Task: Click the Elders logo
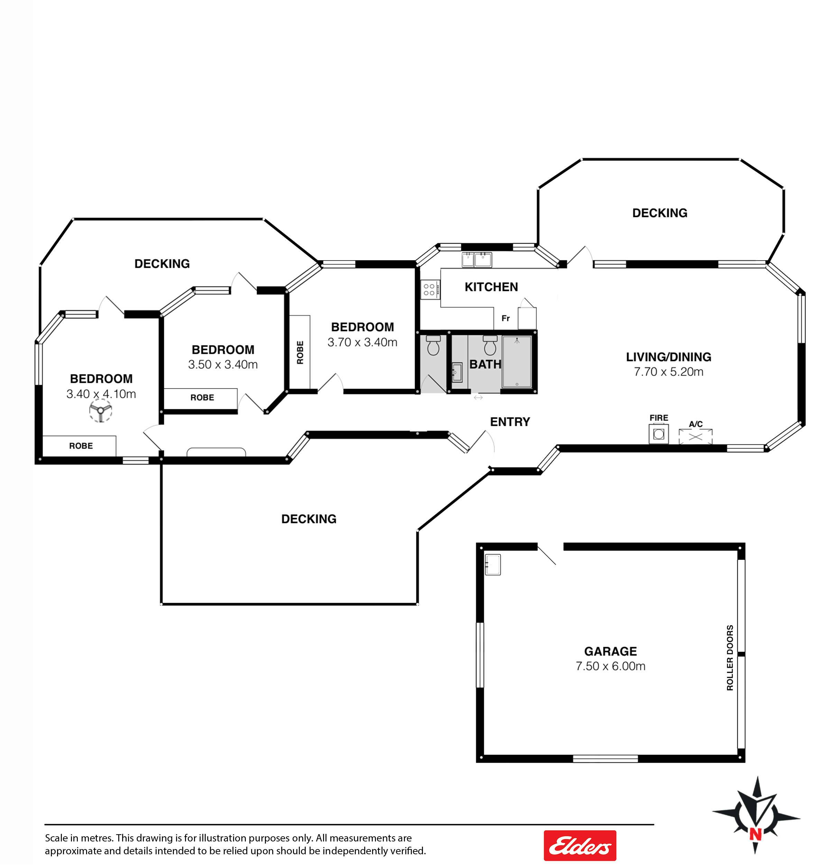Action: [580, 845]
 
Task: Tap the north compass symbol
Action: [756, 816]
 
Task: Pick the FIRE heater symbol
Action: [659, 434]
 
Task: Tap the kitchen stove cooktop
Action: [430, 289]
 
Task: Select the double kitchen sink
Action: [477, 259]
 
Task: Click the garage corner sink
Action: [493, 564]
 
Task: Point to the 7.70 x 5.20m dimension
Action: [669, 372]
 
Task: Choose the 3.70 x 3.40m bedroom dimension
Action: [362, 342]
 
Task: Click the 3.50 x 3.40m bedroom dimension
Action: [223, 364]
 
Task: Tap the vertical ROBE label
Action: [300, 352]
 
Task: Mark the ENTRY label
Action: [510, 422]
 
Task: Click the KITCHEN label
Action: [491, 287]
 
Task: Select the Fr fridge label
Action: [506, 318]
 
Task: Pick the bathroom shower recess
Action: [517, 362]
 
